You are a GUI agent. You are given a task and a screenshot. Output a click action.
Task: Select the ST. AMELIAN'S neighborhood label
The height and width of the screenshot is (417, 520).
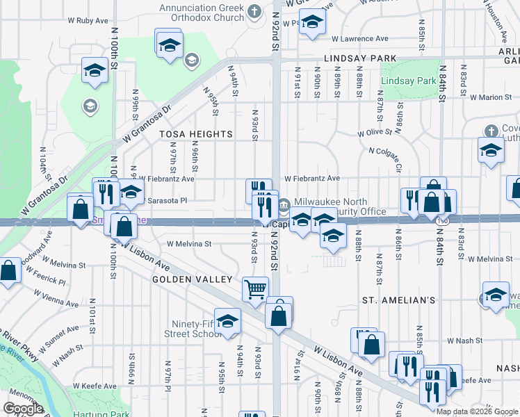click(x=398, y=300)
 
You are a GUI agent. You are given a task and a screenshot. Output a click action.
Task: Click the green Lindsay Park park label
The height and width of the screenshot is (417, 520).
click(x=408, y=81)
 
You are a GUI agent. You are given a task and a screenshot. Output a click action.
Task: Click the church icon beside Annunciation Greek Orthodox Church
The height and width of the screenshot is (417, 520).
click(x=254, y=11)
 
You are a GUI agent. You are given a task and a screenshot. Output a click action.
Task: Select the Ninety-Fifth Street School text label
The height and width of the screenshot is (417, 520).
click(x=190, y=329)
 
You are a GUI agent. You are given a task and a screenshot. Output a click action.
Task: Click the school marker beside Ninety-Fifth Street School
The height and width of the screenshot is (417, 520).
click(x=227, y=321)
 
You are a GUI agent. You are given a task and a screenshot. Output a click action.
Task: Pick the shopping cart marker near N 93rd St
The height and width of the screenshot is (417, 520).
click(x=255, y=288)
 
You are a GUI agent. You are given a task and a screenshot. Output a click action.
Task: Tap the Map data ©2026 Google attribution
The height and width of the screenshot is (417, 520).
click(x=477, y=411)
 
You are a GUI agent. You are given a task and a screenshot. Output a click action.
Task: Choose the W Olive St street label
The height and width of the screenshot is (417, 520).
click(x=375, y=132)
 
